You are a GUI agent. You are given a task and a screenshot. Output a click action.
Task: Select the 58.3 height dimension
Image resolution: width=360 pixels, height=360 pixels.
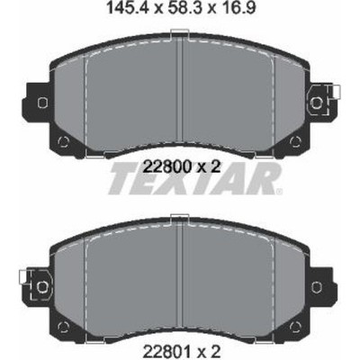181,8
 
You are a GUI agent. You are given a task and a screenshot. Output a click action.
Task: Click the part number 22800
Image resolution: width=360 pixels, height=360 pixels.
167,166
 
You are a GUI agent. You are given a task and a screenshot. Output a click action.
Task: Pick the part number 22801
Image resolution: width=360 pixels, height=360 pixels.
166,350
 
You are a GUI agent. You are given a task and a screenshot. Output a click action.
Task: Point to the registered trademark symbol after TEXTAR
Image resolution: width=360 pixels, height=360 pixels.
279,191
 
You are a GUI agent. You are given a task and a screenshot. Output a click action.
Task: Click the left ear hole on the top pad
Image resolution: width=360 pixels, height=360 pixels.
42,103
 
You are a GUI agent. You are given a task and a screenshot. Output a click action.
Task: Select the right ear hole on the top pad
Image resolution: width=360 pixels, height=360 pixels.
316,103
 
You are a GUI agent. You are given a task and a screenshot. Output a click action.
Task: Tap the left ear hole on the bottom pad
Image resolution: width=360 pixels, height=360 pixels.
41,287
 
